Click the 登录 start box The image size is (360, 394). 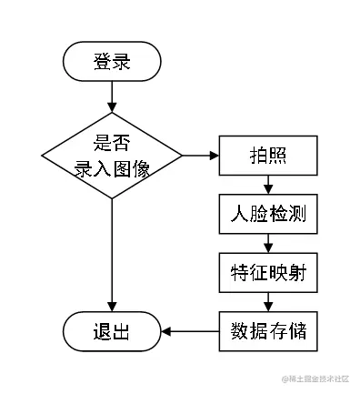[112, 62]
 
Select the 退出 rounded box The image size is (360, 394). [112, 330]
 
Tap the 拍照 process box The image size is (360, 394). [268, 155]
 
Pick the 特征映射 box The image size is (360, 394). [268, 271]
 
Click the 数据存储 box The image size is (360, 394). [268, 329]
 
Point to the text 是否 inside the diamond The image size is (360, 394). [112, 143]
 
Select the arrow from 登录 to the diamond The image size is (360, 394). [112, 96]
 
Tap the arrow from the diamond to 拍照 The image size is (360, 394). [200, 156]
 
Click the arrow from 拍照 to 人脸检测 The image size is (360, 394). [268, 184]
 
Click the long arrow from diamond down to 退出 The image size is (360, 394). [112, 255]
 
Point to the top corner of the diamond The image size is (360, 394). [112, 113]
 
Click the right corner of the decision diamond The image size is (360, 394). [183, 156]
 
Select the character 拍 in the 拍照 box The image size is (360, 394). [258, 155]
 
